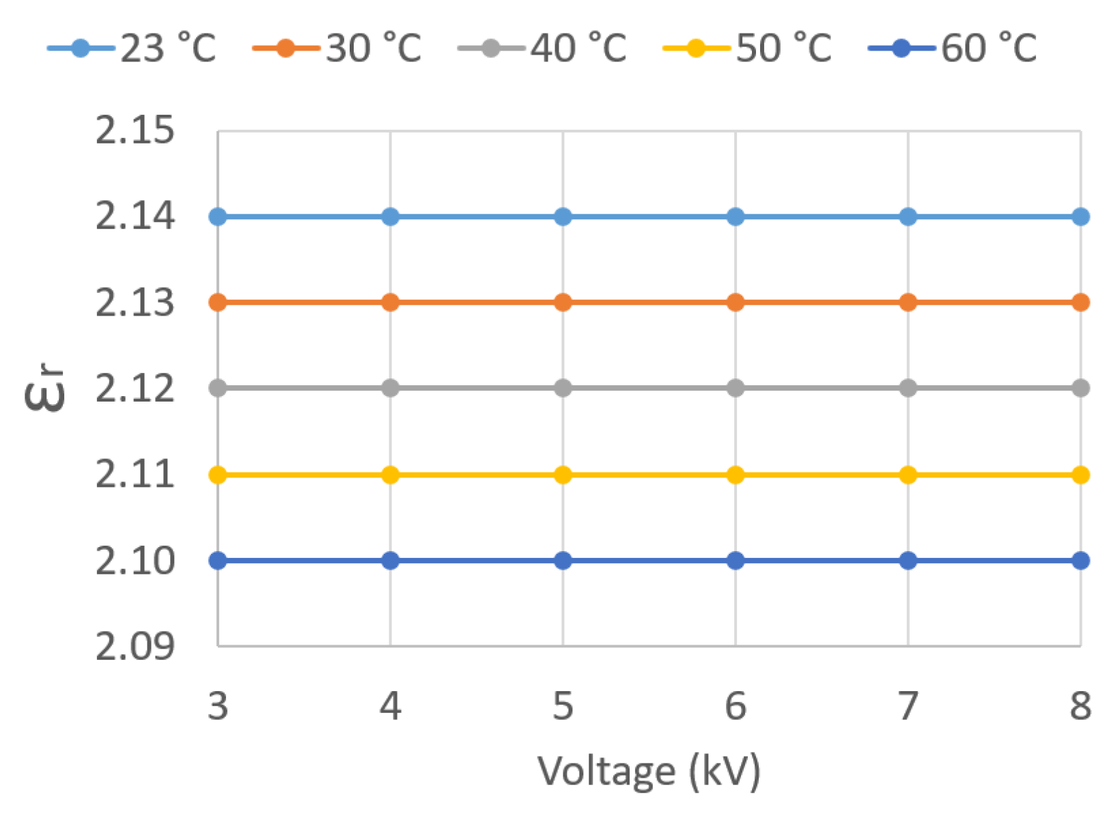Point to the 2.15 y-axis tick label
pyautogui.click(x=135, y=130)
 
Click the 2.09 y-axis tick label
pyautogui.click(x=135, y=645)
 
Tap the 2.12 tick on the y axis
pyautogui.click(x=135, y=388)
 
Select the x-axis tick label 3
pyautogui.click(x=218, y=705)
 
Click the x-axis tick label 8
pyautogui.click(x=1080, y=705)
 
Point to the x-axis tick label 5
pyautogui.click(x=563, y=705)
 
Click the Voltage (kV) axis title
pyautogui.click(x=649, y=772)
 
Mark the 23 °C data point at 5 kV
pyautogui.click(x=563, y=216)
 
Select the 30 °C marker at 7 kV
pyautogui.click(x=908, y=302)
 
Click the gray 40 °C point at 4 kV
pyautogui.click(x=390, y=388)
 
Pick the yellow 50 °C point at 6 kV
pyautogui.click(x=735, y=475)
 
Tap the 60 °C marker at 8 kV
pyautogui.click(x=1080, y=561)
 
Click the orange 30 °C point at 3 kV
pyautogui.click(x=218, y=302)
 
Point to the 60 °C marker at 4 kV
pyautogui.click(x=390, y=561)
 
